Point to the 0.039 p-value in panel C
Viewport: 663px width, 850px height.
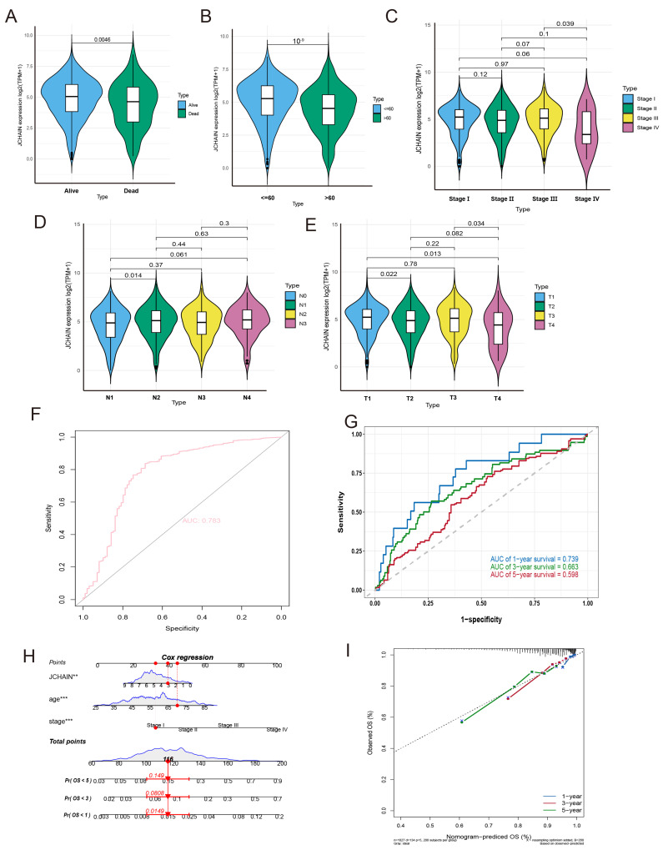point(565,23)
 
